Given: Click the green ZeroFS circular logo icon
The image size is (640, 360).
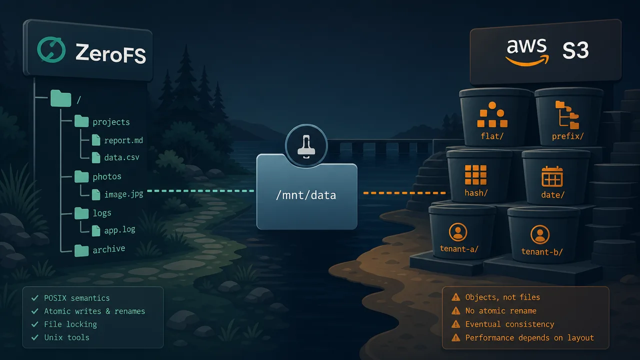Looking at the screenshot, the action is coord(51,49).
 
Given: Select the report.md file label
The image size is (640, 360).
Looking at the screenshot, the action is coord(123,140).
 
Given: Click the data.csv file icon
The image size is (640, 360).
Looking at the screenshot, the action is coord(96,157).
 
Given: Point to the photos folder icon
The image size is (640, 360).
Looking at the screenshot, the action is coord(81,176).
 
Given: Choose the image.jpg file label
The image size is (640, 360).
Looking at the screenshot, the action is coord(123,194).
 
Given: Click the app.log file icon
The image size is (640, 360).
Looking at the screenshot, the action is coord(96,231).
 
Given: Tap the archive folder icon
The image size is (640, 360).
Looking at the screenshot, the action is coord(81,250).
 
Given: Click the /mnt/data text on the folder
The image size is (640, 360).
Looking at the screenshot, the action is coord(306,195).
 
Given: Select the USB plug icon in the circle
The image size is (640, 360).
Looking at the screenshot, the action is coord(306,146).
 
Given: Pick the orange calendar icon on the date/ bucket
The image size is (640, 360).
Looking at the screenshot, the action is coord(552,176).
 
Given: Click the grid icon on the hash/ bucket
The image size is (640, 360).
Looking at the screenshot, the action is coord(475,175).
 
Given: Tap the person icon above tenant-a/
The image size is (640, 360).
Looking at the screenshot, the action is coord(458,232).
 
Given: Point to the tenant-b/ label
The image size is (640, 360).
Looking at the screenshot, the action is coord(541,251).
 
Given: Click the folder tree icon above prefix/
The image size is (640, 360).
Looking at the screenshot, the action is coord(567,115).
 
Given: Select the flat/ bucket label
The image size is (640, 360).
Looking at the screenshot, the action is coord(491,136).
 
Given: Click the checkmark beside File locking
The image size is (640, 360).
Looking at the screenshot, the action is coord(35,324).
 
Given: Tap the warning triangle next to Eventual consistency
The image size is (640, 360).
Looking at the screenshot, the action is coord(455,324).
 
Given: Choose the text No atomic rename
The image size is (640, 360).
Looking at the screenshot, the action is coord(501,311).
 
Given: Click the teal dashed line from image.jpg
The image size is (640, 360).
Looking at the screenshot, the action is coord(200,190).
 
